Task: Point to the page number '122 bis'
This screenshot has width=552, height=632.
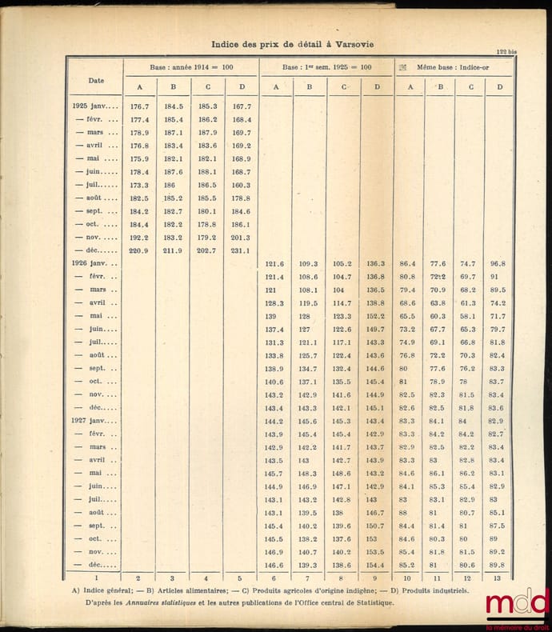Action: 506,53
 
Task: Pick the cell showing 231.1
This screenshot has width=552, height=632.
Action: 239,250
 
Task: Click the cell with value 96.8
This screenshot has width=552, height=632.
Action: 497,263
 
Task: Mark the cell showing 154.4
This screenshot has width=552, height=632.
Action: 374,565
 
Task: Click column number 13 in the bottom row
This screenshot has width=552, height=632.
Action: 498,578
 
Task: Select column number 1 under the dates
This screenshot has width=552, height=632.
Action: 95,578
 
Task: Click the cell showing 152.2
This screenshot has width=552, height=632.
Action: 374,316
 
